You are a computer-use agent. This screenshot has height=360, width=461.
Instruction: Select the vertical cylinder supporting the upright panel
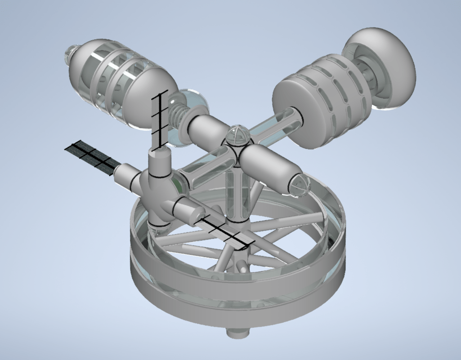coord(160,164)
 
